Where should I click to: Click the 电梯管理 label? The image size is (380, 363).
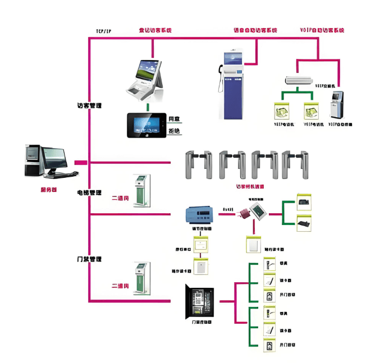click(89, 192)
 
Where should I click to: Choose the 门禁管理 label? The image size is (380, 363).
click(89, 260)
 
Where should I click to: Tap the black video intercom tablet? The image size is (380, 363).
click(146, 125)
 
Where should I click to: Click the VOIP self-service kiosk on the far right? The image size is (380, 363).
click(336, 104)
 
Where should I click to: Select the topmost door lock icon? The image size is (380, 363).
click(270, 263)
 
